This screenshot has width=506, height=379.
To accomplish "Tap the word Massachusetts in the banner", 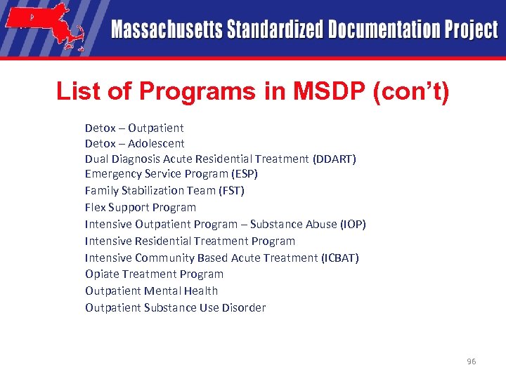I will coord(167,30).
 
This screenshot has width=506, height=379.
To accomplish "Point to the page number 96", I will coord(471,361).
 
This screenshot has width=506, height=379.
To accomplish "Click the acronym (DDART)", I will coord(335,159).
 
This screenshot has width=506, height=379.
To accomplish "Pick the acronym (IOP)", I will coord(353,224).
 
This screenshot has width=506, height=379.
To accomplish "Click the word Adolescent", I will coord(156,143).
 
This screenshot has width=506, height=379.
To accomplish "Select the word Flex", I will coord(96,207).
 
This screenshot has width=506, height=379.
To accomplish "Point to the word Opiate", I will coord(102,274).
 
